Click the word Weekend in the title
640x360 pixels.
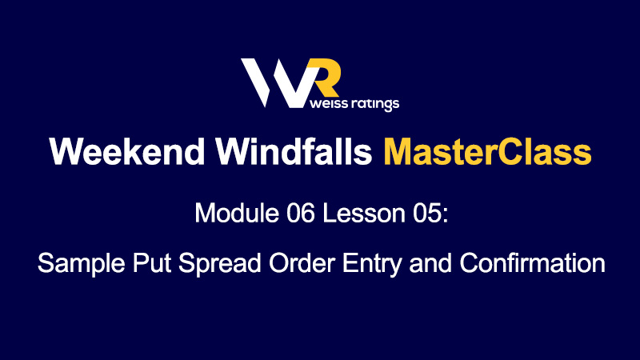coord(127,151)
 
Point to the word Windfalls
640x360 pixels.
coord(294,151)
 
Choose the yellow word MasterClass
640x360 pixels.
coord(487,151)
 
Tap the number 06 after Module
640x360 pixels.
coord(301,213)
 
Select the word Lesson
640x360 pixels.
coord(364,213)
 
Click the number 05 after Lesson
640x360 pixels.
coord(427,213)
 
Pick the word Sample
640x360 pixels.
coord(82,263)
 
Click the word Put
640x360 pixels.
coord(151,262)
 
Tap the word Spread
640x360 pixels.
coord(219,263)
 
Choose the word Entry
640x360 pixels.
coord(372,264)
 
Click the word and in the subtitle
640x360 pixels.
coord(430,262)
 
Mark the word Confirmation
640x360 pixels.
coord(532,262)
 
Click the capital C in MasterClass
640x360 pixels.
coord(511,151)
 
